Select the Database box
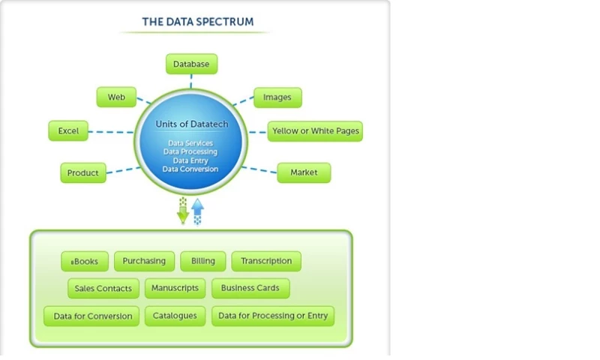tap(191, 64)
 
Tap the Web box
tap(116, 97)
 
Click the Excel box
tap(68, 130)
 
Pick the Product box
tap(82, 172)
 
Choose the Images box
tap(277, 97)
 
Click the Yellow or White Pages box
tap(315, 130)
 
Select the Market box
tap(304, 172)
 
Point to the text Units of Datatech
tap(191, 123)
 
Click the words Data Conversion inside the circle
tap(190, 169)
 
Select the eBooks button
tap(85, 262)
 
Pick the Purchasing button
tap(145, 261)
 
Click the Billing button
tap(202, 261)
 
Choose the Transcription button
tap(266, 261)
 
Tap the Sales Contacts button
tap(103, 288)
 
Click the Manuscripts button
tap(175, 288)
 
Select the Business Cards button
tap(250, 288)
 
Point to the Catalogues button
tap(175, 316)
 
